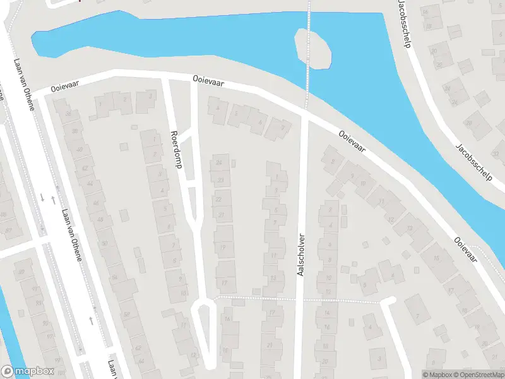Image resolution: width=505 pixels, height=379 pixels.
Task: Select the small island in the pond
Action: click(x=313, y=49)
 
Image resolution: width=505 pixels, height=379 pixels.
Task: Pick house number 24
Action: click(x=219, y=162)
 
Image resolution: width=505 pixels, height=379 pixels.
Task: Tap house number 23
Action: click(x=220, y=180)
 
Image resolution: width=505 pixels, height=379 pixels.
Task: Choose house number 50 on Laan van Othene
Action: click(x=104, y=243)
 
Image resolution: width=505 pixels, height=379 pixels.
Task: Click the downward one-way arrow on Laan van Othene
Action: click(x=42, y=198)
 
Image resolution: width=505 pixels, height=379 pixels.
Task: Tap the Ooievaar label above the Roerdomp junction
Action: click(x=209, y=81)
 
